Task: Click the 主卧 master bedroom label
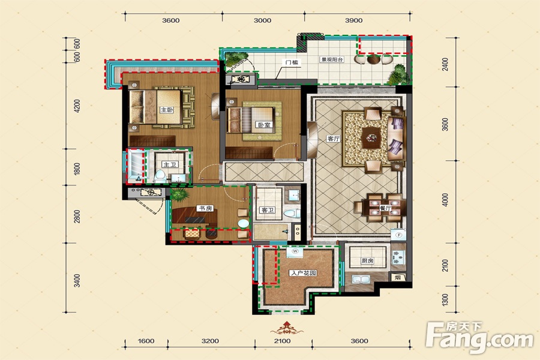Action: [167, 110]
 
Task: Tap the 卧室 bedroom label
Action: [264, 125]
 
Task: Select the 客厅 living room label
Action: [333, 139]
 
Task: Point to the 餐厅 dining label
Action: [385, 208]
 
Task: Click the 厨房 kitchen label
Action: [367, 261]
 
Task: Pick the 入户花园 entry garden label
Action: [303, 273]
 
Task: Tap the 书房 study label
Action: [205, 208]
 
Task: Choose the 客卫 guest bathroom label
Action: [268, 209]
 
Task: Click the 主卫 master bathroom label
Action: [170, 164]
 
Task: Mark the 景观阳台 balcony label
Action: [332, 59]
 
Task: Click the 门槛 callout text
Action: [292, 62]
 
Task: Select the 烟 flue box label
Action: [398, 277]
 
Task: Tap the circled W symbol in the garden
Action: [295, 251]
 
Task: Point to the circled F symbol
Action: [400, 235]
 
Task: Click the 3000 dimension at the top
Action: [262, 20]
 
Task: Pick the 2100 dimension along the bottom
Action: [282, 341]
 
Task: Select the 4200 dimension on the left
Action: [77, 106]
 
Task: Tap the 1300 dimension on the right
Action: [445, 300]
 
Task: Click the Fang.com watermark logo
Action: [479, 338]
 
